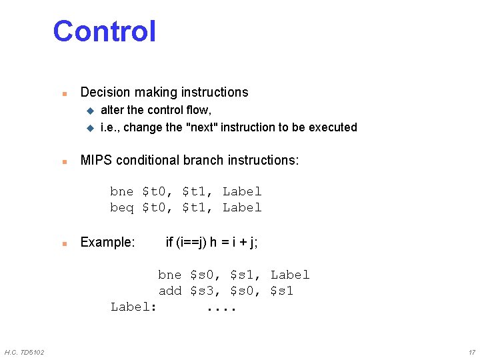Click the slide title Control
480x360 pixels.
[x=104, y=31]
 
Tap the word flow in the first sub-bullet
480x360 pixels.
[x=198, y=110]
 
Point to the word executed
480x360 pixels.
[x=333, y=127]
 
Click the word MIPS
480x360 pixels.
[x=96, y=160]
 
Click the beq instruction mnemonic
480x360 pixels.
[x=122, y=207]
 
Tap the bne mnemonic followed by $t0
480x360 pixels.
[x=122, y=191]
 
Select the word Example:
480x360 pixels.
[x=107, y=242]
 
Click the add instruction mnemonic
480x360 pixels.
[x=170, y=291]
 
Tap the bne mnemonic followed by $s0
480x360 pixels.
[x=170, y=275]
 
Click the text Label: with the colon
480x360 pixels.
[x=133, y=307]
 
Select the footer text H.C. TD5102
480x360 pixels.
[x=24, y=352]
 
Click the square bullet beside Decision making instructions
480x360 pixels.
[x=63, y=93]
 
